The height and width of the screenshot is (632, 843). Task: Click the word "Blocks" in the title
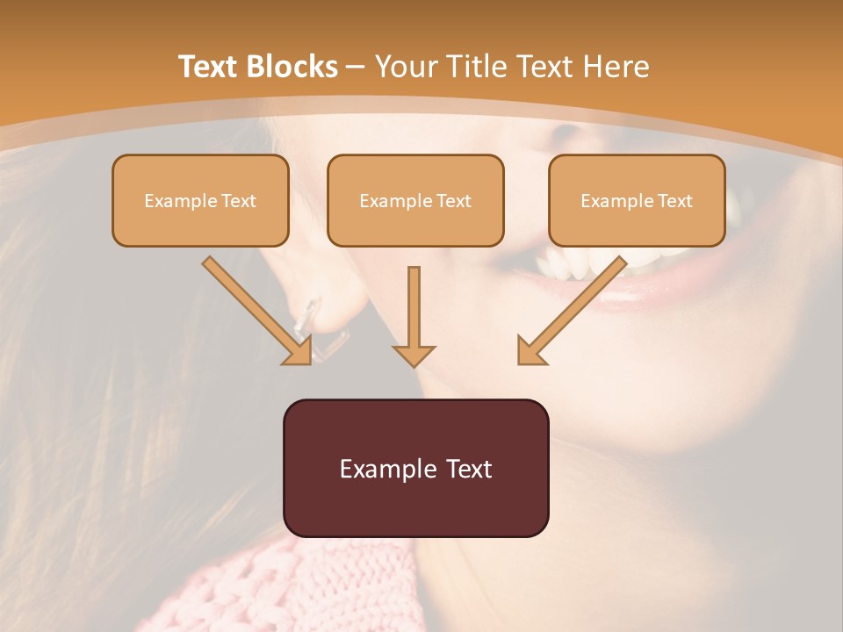click(292, 67)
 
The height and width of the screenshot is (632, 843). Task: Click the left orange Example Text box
click(200, 201)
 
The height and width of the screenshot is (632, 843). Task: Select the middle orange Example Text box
click(415, 201)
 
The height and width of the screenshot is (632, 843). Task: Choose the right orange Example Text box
click(637, 201)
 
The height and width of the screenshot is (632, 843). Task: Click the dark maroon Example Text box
click(415, 468)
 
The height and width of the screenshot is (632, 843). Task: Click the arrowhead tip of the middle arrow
click(414, 363)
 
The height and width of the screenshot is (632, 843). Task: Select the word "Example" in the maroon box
click(382, 469)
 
